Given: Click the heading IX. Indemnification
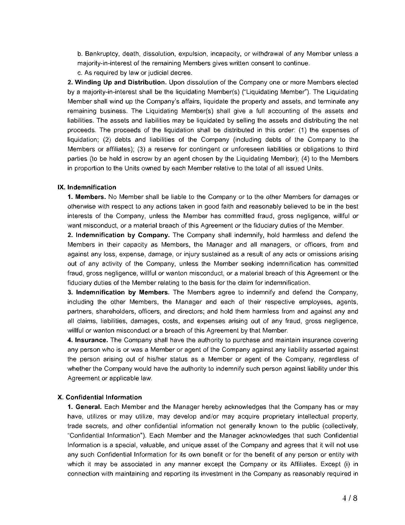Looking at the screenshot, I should coord(87,187).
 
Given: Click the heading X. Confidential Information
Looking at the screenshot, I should coord(100,397).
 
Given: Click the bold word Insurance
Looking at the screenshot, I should coord(91,340).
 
